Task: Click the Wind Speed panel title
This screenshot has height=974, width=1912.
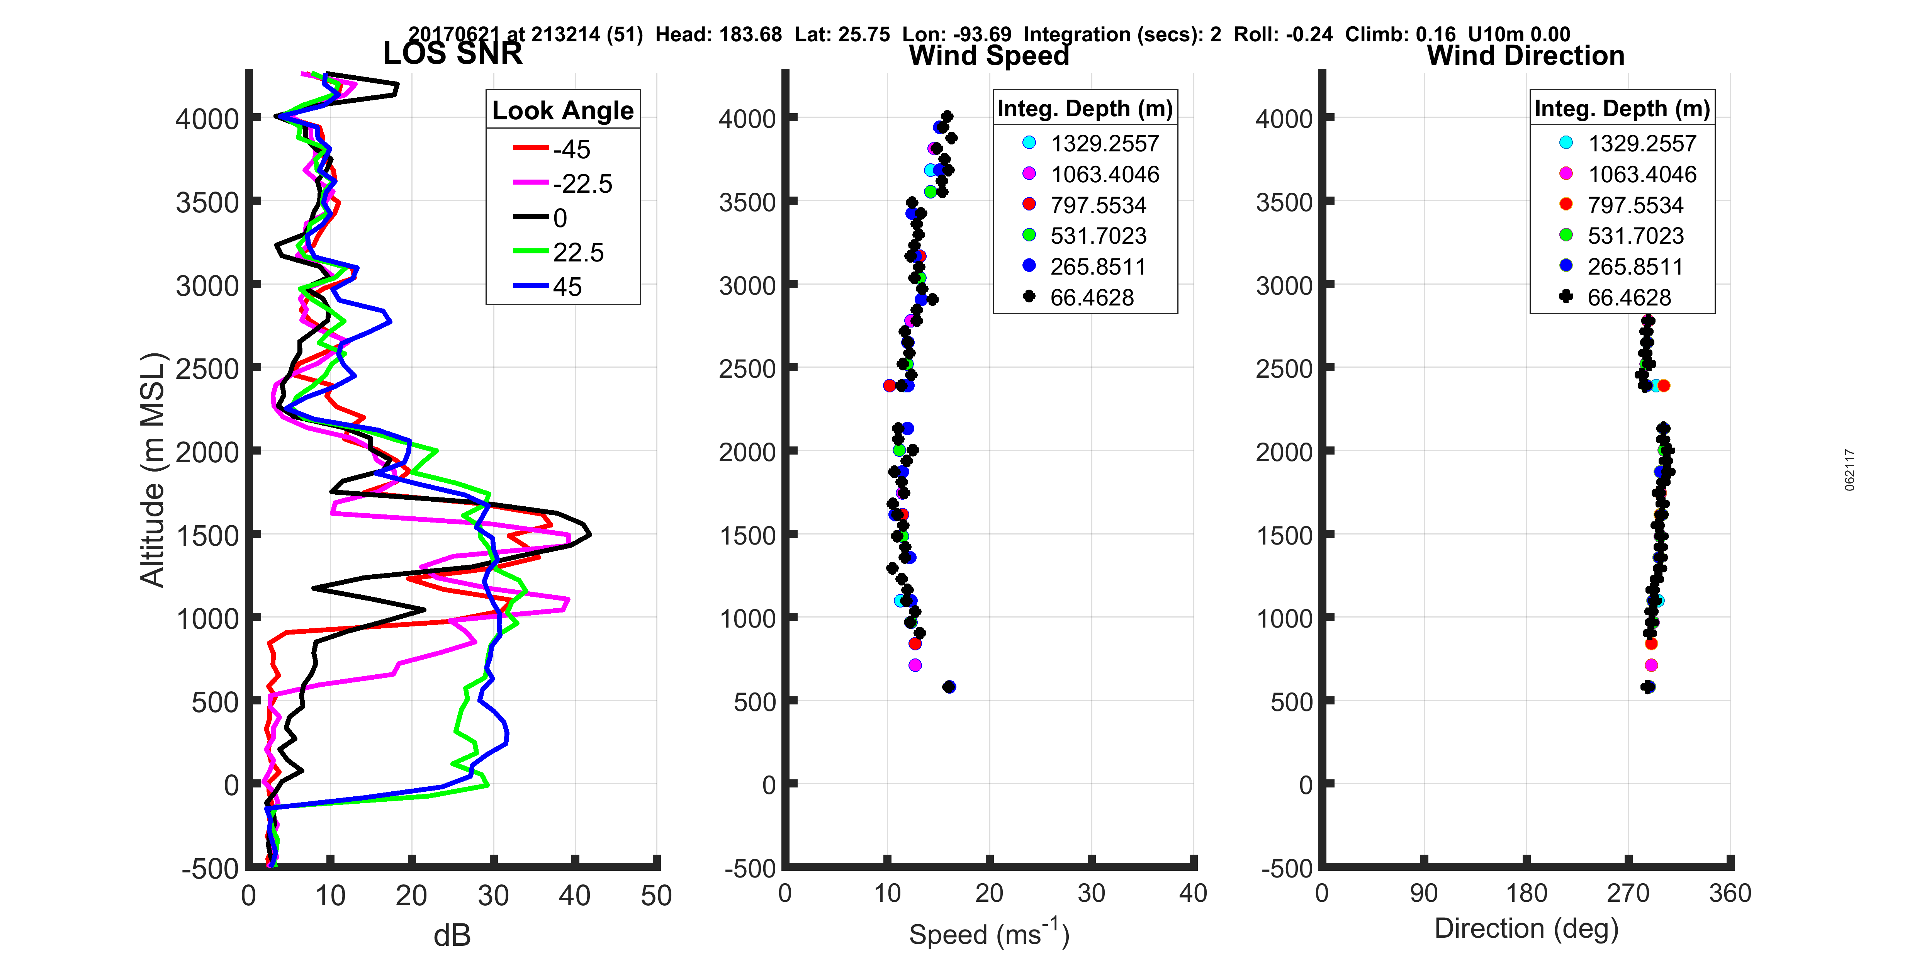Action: pyautogui.click(x=989, y=56)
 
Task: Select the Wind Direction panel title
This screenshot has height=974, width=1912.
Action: pyautogui.click(x=1525, y=56)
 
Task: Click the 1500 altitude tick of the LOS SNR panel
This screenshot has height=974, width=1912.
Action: pyautogui.click(x=208, y=535)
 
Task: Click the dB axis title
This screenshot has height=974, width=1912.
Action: pyautogui.click(x=452, y=935)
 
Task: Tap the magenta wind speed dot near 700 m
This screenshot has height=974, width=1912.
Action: pyautogui.click(x=915, y=665)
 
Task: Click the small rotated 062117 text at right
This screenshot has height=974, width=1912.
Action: pyautogui.click(x=1850, y=470)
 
